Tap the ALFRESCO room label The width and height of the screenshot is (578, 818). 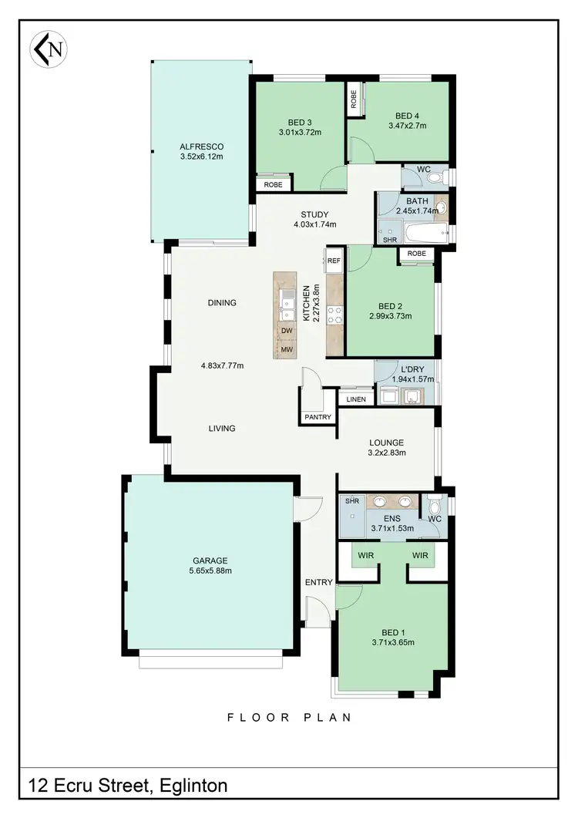point(201,146)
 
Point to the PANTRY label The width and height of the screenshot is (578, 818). point(318,417)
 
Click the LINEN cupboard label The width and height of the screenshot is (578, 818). point(356,399)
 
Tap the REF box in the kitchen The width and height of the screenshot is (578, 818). point(334,261)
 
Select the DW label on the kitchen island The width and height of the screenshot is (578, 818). point(285,331)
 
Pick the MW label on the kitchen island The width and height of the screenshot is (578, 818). point(285,349)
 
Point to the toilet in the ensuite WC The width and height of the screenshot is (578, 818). point(435,506)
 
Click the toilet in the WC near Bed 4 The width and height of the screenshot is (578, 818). point(434,178)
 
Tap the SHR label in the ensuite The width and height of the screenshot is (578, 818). point(352,501)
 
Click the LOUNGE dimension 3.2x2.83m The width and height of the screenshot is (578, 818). point(386,454)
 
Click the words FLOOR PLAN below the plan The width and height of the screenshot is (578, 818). point(289,718)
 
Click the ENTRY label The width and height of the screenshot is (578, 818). point(318,582)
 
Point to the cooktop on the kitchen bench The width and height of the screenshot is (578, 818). point(336,314)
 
